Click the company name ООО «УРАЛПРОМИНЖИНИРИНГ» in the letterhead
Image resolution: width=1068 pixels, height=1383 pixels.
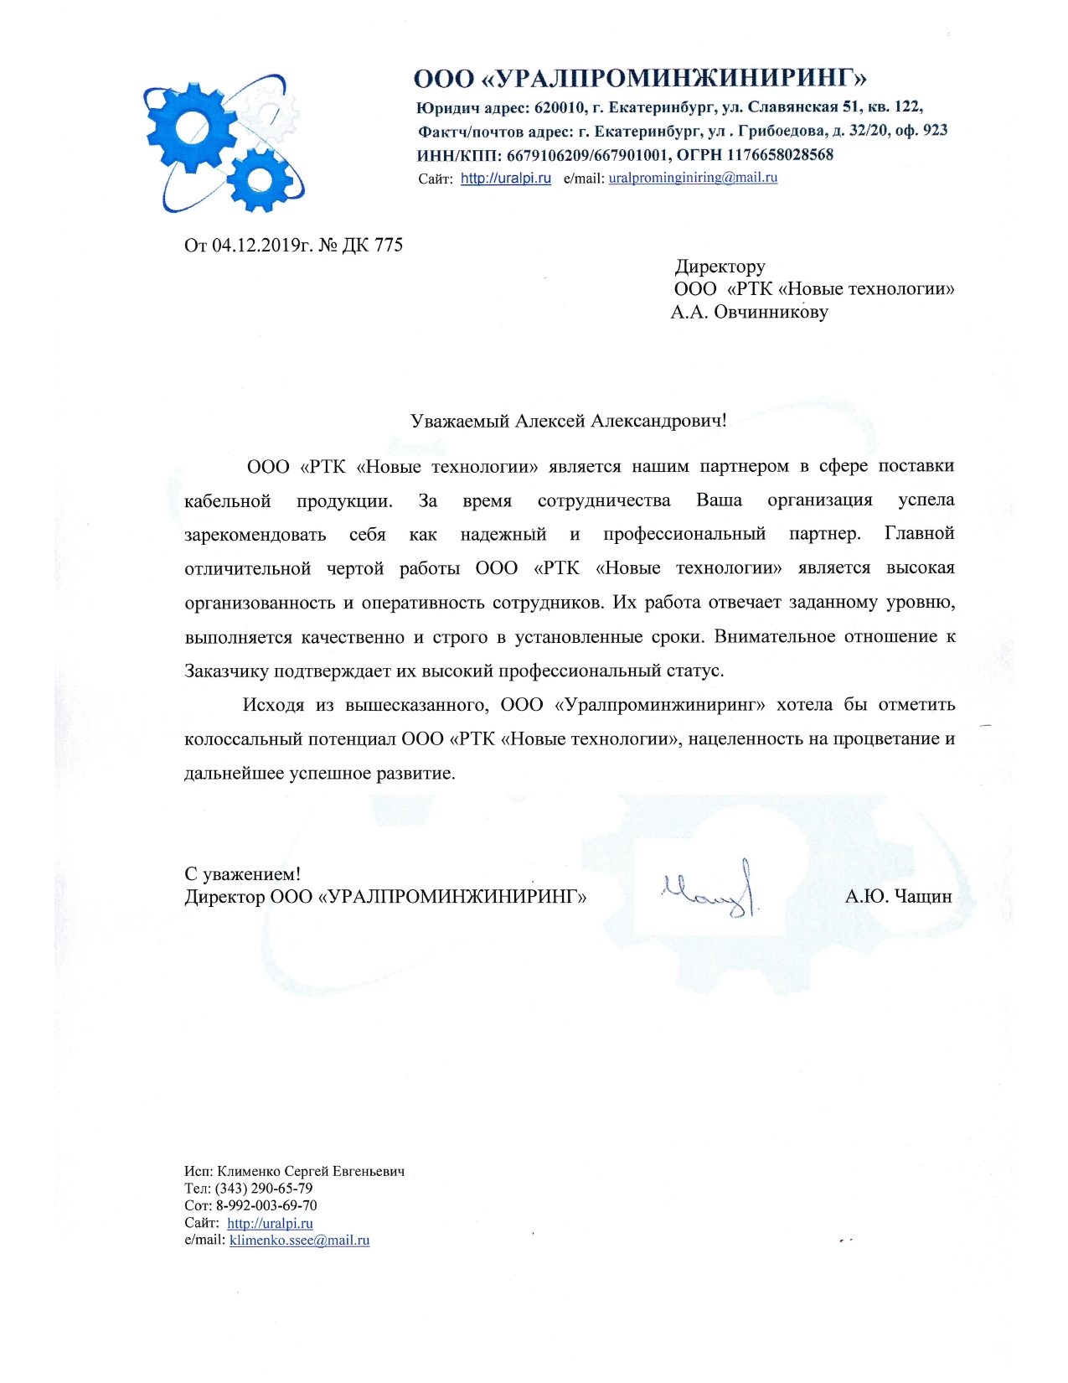coord(640,79)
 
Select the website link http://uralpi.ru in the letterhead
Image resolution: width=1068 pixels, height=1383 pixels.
coord(506,178)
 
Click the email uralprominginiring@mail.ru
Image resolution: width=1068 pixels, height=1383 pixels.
coord(693,178)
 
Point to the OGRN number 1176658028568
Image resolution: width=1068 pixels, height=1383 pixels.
coord(780,154)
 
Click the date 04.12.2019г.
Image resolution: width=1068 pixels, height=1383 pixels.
coord(262,245)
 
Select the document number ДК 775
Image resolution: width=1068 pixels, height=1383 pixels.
coord(373,245)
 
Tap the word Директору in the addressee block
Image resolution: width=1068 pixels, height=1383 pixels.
coord(720,267)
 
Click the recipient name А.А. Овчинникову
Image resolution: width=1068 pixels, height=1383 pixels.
coord(749,313)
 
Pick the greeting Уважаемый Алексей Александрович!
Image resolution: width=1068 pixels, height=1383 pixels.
coord(568,421)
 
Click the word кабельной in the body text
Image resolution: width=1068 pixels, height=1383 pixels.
coord(228,501)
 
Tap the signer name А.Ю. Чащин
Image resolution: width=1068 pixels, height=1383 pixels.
coord(898,897)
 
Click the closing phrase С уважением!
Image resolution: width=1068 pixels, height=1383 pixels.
coord(242,874)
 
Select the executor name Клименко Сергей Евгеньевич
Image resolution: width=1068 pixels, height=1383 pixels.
coord(311,1171)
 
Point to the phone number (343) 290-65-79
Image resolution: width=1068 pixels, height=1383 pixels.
coord(264,1189)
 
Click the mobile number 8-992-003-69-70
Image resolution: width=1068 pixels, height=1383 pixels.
coord(266,1205)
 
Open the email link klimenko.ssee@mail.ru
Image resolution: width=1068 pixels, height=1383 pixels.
coord(299,1240)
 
